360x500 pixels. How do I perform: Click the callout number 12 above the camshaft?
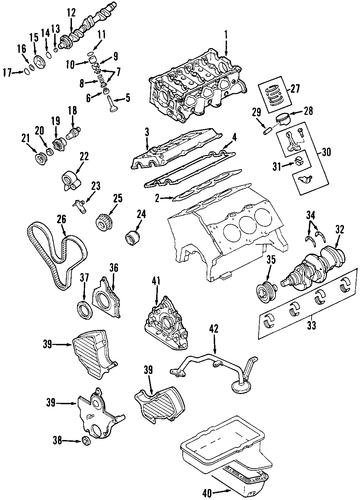(x=71, y=13)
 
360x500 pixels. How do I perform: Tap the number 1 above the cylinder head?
(x=226, y=34)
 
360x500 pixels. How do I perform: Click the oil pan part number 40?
(x=207, y=492)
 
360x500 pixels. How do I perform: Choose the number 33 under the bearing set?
(x=311, y=325)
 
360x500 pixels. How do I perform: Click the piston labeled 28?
(x=284, y=119)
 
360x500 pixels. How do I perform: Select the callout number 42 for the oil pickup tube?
(x=214, y=329)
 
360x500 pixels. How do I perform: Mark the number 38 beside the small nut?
(x=58, y=441)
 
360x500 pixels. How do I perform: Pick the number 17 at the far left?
(x=8, y=72)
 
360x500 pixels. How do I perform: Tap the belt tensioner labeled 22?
(x=71, y=181)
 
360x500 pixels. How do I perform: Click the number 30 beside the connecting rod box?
(x=327, y=152)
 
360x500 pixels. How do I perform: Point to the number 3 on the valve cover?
(x=147, y=131)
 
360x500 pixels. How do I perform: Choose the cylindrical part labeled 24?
(x=132, y=237)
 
